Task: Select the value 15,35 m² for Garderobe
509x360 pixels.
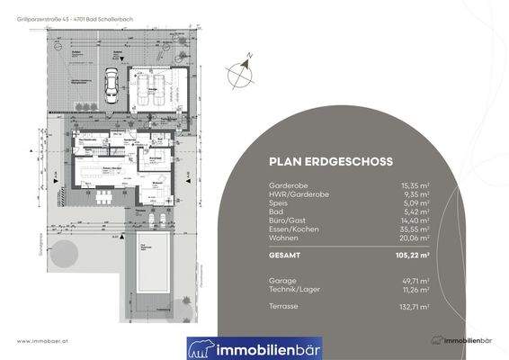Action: (415, 185)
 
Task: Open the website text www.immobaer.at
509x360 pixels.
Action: (44, 341)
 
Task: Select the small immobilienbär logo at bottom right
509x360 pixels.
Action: (463, 341)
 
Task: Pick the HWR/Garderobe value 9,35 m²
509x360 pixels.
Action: (416, 193)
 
